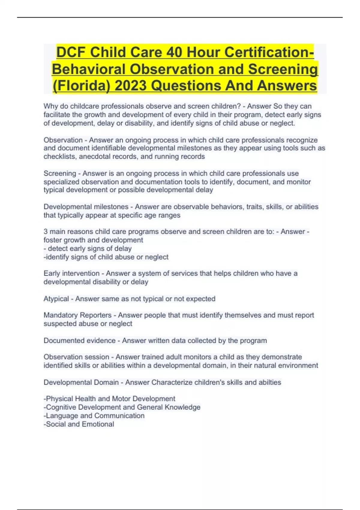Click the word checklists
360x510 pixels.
coord(59,157)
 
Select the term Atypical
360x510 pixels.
coord(56,299)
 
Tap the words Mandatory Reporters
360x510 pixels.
coord(77,315)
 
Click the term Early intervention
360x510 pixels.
coord(71,274)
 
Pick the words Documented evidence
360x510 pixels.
coord(79,341)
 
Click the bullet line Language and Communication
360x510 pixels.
coord(95,416)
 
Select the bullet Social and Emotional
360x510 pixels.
coord(79,424)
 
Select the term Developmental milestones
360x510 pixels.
coord(86,207)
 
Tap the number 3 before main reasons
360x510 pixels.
coord(46,232)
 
